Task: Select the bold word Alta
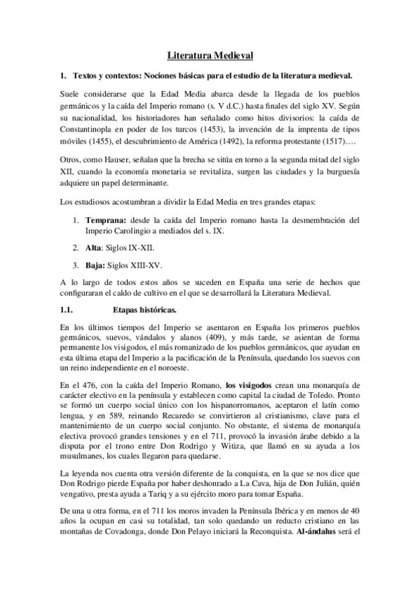(x=93, y=248)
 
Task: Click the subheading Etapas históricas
(x=144, y=309)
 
